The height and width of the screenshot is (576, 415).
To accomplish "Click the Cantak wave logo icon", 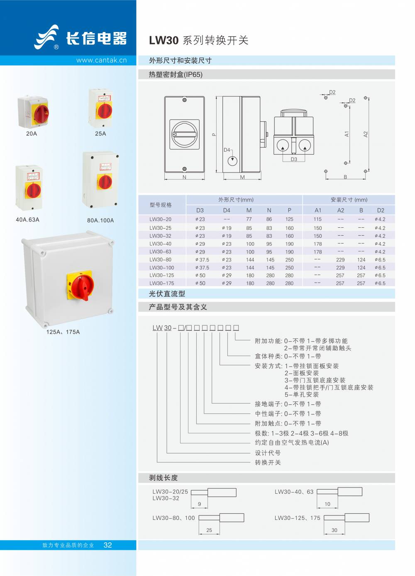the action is [46, 37].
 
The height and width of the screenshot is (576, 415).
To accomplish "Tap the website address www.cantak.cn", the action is [101, 60].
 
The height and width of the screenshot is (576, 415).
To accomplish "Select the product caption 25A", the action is [100, 133].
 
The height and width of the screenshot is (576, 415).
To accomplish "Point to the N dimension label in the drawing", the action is [184, 177].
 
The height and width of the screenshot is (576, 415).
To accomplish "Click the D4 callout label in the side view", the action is [227, 150].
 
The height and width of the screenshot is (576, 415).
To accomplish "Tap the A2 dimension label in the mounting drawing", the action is [366, 134].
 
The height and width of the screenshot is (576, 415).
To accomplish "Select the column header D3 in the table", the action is [200, 210].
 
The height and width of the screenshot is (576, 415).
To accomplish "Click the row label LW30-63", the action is [160, 251].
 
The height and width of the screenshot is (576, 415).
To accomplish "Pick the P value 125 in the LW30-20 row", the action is [289, 219].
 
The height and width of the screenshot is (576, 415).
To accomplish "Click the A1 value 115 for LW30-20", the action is [317, 219].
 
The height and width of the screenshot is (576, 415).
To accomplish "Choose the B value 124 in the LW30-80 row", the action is [361, 260].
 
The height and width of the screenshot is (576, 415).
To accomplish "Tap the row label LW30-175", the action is [161, 283].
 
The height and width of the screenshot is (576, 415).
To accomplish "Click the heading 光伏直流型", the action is [167, 294].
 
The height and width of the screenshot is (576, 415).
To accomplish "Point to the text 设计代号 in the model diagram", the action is [268, 453].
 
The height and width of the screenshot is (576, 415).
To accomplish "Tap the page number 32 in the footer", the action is [107, 545].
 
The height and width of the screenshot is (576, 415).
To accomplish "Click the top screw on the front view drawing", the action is [184, 100].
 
